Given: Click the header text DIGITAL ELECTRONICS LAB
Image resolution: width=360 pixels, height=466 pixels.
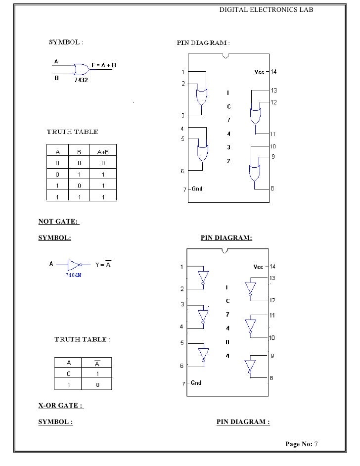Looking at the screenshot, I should pos(266,9).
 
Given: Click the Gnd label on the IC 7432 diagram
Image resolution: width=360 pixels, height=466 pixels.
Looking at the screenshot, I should pos(197,189).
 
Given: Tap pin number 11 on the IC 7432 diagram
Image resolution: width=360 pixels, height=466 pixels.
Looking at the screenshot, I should pos(272,134).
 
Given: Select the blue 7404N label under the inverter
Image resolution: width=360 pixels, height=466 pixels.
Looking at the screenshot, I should pos(73,276).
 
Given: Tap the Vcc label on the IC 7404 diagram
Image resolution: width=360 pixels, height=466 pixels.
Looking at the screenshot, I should pos(259,267).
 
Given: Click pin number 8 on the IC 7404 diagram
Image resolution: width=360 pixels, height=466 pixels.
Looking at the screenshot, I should pos(271,378).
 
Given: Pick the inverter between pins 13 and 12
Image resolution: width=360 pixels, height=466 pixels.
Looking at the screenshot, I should pos(251,288).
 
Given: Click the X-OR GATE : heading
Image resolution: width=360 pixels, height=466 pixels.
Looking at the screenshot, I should pos(61,406).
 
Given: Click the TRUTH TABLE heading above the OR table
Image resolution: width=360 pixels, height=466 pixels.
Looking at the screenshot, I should pos(72,132).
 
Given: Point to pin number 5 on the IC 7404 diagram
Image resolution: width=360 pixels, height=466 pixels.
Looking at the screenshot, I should pos(182,342).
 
